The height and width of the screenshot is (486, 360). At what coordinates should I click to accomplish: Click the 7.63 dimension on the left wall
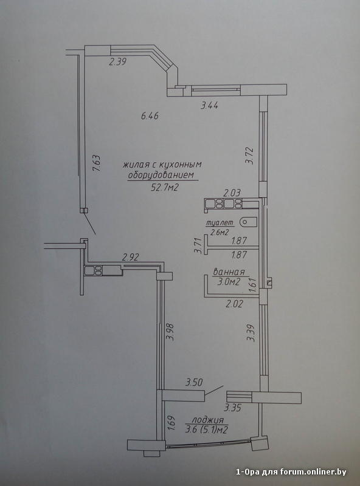97,163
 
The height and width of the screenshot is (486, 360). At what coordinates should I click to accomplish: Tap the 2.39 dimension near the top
117,62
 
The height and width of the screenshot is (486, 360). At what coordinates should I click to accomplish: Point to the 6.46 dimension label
150,116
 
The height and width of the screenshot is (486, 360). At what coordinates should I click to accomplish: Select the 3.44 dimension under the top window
209,106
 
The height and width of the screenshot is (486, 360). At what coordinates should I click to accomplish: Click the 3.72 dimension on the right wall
251,156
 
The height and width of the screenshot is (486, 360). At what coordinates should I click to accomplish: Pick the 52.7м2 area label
165,187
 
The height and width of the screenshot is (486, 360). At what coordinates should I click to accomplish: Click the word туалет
220,223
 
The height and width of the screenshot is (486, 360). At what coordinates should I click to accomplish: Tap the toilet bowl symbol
248,222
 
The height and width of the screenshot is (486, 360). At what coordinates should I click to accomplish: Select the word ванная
229,272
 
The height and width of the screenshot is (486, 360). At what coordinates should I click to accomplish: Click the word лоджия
208,420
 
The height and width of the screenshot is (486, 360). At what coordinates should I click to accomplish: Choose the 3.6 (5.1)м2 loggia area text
207,430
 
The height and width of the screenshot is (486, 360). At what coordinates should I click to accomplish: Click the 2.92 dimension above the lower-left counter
130,257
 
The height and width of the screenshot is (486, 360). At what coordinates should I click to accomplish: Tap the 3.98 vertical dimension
170,332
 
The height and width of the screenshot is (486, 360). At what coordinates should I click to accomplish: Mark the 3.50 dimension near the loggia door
194,383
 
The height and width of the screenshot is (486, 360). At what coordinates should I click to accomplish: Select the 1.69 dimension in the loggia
171,423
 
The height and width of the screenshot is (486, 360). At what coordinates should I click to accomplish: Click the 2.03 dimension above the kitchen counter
232,193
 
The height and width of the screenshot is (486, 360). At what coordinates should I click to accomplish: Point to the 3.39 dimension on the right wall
251,333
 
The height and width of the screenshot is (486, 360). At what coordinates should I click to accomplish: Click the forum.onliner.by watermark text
313,472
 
